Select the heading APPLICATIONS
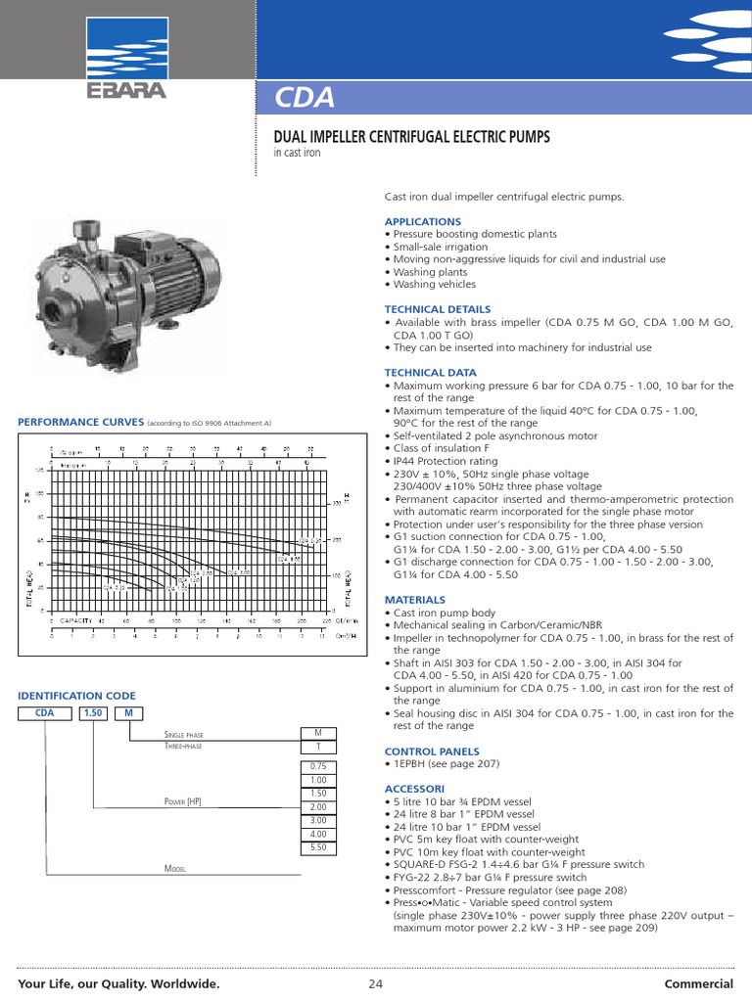(x=422, y=222)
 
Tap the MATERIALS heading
(x=414, y=599)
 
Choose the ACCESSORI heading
(x=414, y=788)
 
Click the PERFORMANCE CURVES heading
(x=81, y=422)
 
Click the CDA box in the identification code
(x=44, y=713)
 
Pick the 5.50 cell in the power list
(x=317, y=846)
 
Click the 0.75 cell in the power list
(x=317, y=766)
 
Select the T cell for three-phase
(x=317, y=747)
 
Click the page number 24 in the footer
(x=376, y=983)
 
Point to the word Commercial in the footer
(x=699, y=983)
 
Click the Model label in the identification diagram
(x=175, y=868)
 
